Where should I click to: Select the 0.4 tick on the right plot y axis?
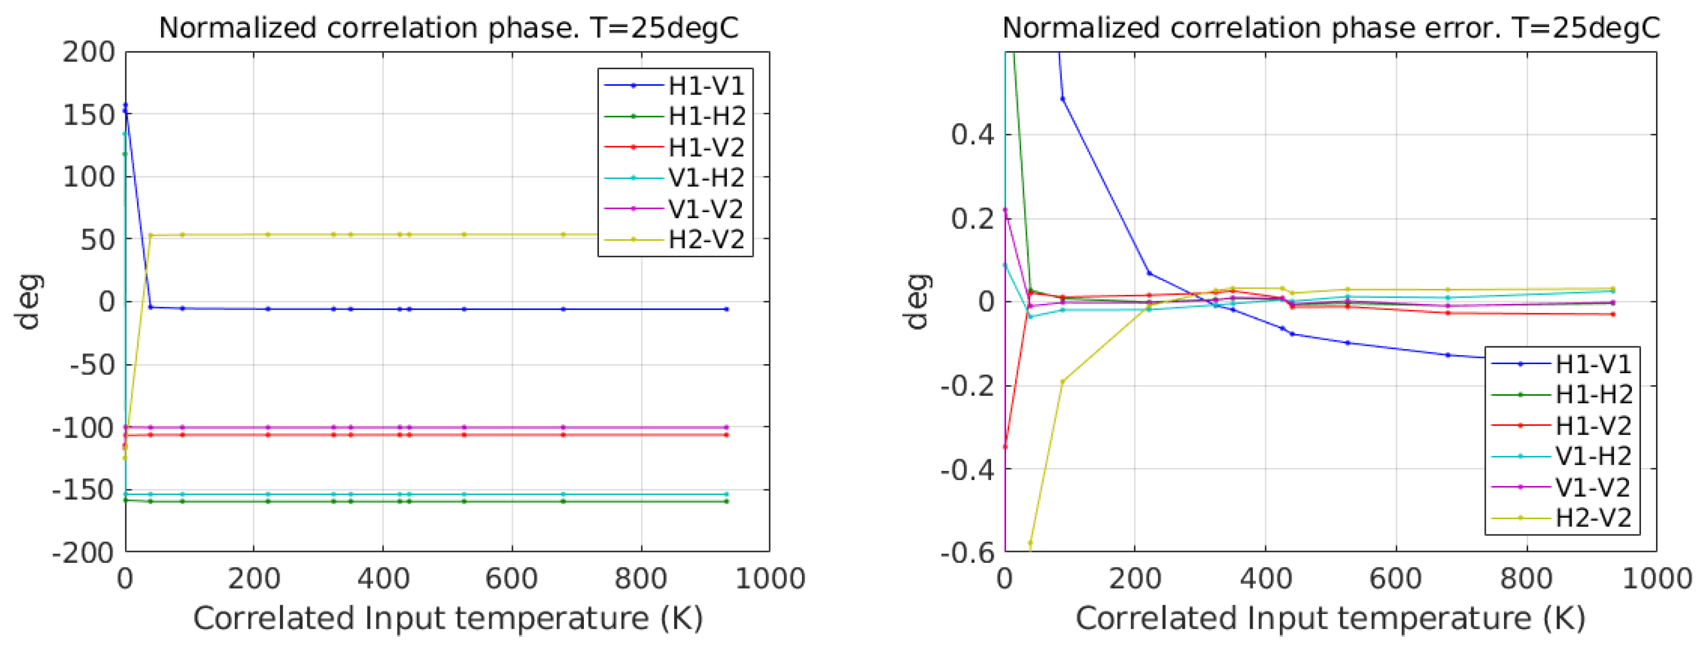pyautogui.click(x=972, y=135)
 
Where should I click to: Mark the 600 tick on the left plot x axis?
pyautogui.click(x=511, y=579)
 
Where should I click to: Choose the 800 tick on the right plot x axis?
pyautogui.click(x=1526, y=579)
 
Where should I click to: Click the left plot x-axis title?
pyautogui.click(x=447, y=619)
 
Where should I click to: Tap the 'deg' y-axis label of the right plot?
pyautogui.click(x=917, y=301)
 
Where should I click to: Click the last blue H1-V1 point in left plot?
pyautogui.click(x=727, y=309)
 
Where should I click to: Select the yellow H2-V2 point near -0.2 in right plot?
pyautogui.click(x=1062, y=382)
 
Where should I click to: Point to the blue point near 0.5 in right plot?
pyautogui.click(x=1062, y=99)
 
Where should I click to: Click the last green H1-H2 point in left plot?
pyautogui.click(x=727, y=502)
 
